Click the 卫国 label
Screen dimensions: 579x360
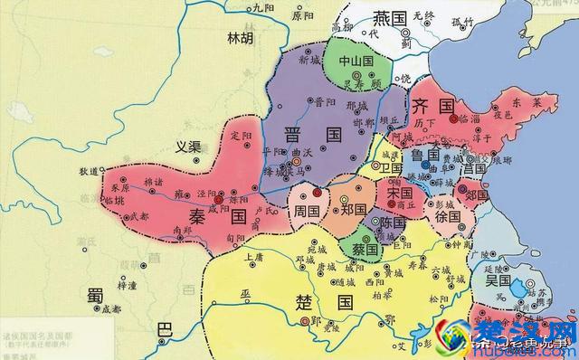coord(393,168)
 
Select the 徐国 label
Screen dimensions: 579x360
coord(448,218)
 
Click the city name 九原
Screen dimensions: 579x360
coord(262,7)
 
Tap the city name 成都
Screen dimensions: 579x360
coord(110,308)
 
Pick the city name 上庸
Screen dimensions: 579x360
coord(253,257)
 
